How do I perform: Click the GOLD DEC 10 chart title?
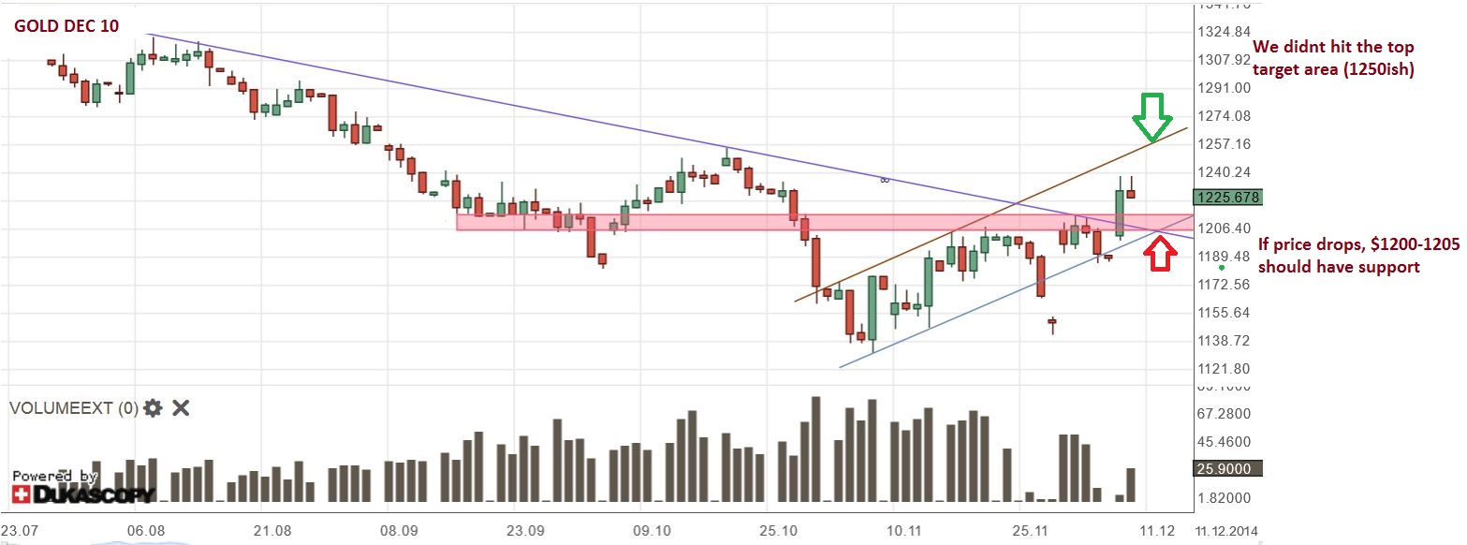pyautogui.click(x=66, y=26)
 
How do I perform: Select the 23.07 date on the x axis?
pyautogui.click(x=22, y=530)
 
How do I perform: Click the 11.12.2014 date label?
pyautogui.click(x=1226, y=530)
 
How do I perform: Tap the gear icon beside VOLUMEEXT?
pyautogui.click(x=153, y=408)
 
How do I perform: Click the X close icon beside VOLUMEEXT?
pyautogui.click(x=182, y=408)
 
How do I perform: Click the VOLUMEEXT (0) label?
pyautogui.click(x=73, y=408)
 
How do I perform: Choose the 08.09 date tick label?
pyautogui.click(x=399, y=530)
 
